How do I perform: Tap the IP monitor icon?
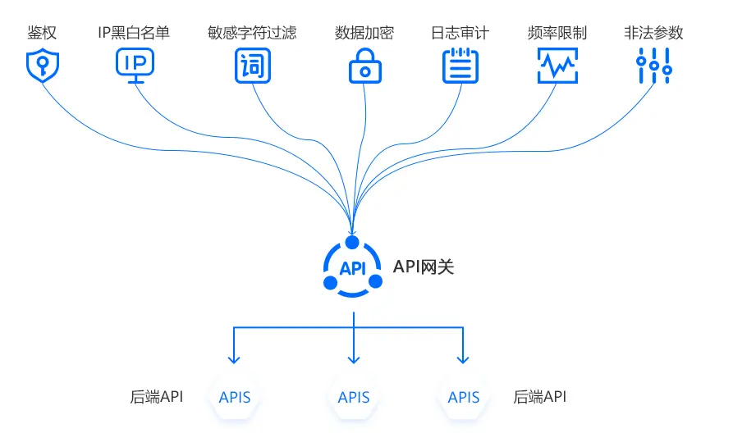pos(135,66)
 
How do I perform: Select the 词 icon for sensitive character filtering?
pos(252,66)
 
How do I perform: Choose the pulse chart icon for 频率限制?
pos(557,66)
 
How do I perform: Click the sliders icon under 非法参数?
pos(654,66)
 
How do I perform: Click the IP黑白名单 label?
pos(135,34)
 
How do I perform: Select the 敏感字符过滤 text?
pos(252,34)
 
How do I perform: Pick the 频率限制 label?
pos(557,34)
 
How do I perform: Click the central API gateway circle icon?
pos(352,267)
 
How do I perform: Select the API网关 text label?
pos(424,267)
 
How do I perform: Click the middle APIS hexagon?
pos(354,398)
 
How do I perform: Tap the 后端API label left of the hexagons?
pos(156,397)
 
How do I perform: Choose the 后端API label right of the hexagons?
pos(539,397)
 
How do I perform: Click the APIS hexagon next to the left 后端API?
pos(235,398)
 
